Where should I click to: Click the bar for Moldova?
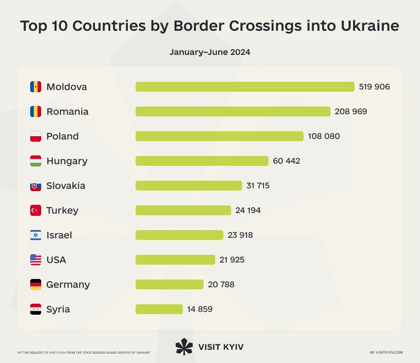tap(245, 87)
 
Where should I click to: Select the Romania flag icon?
tap(36, 111)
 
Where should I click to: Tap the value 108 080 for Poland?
tap(324, 136)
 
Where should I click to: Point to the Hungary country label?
tap(66, 161)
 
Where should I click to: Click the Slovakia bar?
tap(188, 186)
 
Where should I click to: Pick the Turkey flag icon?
tap(36, 210)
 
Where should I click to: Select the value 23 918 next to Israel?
tap(240, 235)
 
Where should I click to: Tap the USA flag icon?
tap(36, 260)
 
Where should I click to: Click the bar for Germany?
tap(169, 284)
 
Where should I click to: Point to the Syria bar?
tap(159, 309)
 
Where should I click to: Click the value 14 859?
tap(199, 309)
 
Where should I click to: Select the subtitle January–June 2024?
tap(210, 52)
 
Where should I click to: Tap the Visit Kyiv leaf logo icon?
tap(184, 347)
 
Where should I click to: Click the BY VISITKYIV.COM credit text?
tap(387, 352)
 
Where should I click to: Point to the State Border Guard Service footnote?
tap(83, 352)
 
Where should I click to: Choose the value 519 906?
tap(374, 87)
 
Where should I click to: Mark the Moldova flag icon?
tap(36, 87)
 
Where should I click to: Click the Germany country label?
tap(68, 284)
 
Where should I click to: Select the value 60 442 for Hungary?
tap(287, 161)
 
